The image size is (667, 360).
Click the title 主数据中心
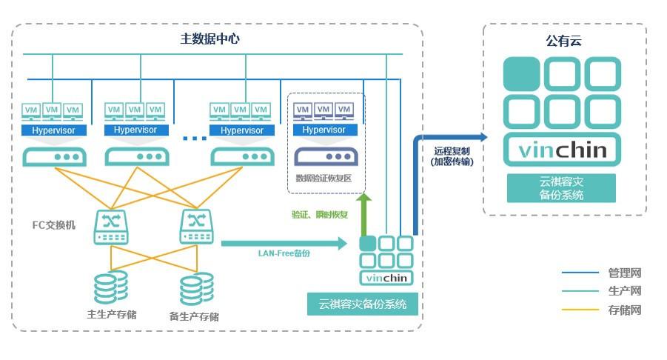pyautogui.click(x=210, y=39)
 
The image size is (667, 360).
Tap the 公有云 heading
pyautogui.click(x=563, y=41)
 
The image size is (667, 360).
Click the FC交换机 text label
pyautogui.click(x=53, y=225)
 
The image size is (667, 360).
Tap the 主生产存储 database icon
pyautogui.click(x=110, y=287)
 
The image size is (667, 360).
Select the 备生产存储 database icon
pyautogui.click(x=196, y=288)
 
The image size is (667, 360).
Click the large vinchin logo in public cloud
pyautogui.click(x=562, y=151)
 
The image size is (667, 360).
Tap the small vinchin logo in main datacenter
pyautogui.click(x=386, y=279)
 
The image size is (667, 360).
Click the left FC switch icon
pyautogui.click(x=110, y=226)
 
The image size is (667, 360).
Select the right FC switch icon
pyautogui.click(x=196, y=226)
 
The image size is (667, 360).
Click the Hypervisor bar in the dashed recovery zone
pyautogui.click(x=324, y=130)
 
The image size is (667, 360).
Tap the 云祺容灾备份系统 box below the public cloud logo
pyautogui.click(x=562, y=188)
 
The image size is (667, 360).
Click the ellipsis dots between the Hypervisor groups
pyautogui.click(x=195, y=138)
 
